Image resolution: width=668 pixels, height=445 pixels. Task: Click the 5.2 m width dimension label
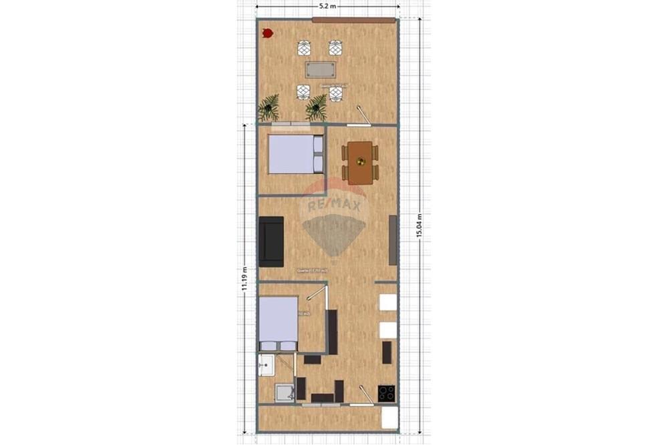327,6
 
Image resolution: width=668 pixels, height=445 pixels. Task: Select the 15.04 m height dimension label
420,226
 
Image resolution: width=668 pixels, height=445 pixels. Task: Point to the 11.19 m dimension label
245,278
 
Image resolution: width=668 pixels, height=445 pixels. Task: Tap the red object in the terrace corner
267,32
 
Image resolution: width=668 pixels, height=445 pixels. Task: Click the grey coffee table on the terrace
320,69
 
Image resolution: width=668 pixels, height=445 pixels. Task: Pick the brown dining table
360,162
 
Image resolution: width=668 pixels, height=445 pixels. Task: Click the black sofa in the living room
271,240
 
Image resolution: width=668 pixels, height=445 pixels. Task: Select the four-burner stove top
387,393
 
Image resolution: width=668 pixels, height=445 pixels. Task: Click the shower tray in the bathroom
285,392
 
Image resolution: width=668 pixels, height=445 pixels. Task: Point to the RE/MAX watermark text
334,205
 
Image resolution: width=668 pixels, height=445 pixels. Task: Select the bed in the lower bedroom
278,324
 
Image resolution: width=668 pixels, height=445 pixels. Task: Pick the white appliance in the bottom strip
389,418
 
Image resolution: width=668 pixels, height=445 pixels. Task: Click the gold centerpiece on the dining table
360,161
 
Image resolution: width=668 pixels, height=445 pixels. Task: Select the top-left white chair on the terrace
304,48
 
